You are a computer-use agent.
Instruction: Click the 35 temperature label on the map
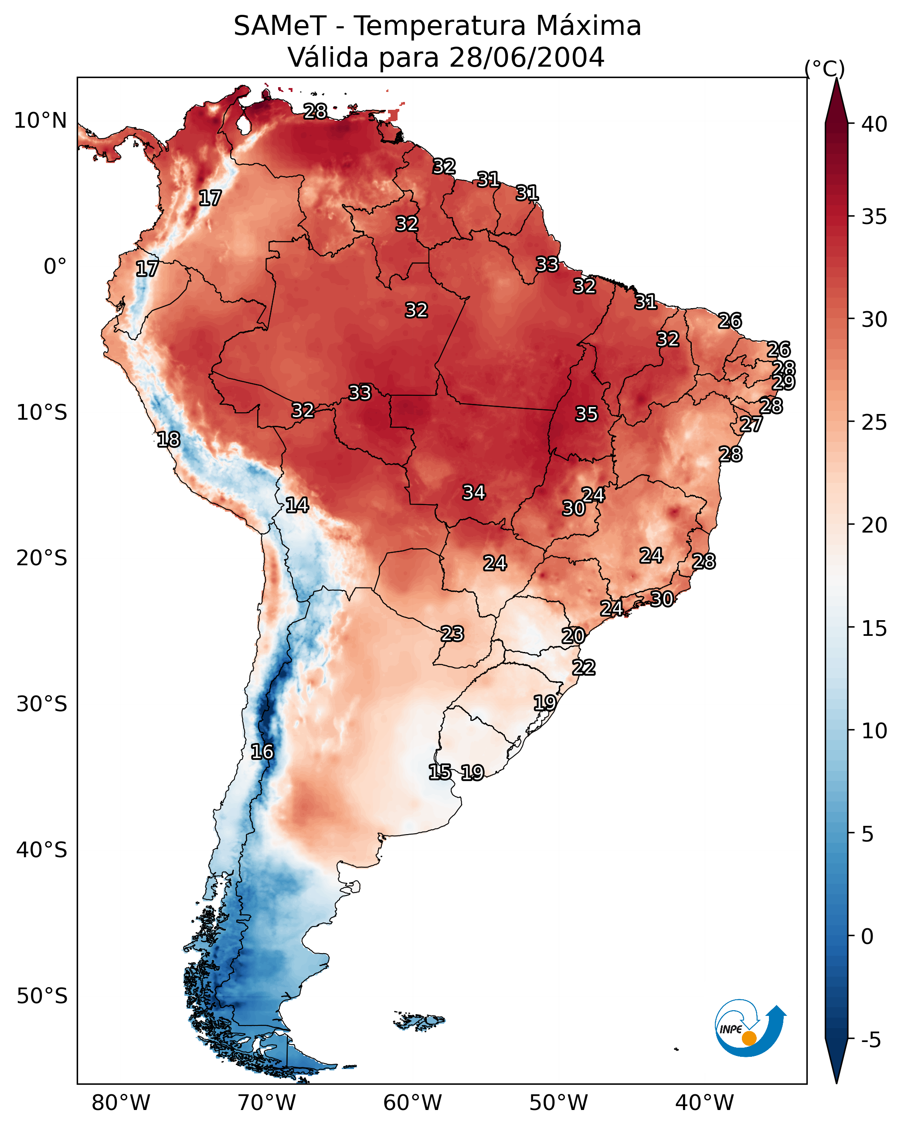(586, 414)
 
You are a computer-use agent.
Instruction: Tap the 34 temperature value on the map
(474, 492)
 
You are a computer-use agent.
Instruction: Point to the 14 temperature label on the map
(297, 505)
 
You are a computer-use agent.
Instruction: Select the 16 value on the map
(262, 752)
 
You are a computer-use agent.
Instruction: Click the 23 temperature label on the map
(452, 634)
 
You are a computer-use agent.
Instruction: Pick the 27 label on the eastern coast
(751, 424)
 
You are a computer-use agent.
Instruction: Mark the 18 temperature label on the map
(168, 440)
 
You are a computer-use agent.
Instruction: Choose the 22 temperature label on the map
(584, 668)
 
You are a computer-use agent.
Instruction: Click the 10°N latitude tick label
(40, 121)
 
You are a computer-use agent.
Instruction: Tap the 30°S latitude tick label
(42, 704)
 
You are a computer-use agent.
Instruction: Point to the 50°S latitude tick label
(42, 996)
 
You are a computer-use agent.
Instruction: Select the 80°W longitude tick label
(121, 1103)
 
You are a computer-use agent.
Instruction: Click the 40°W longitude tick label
(704, 1103)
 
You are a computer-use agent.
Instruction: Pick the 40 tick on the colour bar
(874, 124)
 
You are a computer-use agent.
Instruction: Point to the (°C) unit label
(824, 68)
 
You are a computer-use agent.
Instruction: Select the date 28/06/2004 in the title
(527, 58)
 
